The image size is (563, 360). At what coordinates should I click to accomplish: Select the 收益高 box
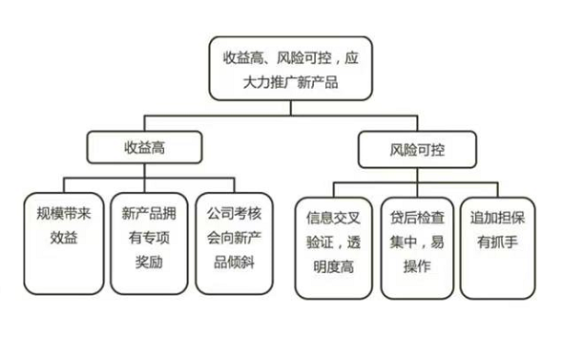click(x=144, y=147)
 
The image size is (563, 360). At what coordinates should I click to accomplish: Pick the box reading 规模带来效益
click(x=62, y=244)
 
